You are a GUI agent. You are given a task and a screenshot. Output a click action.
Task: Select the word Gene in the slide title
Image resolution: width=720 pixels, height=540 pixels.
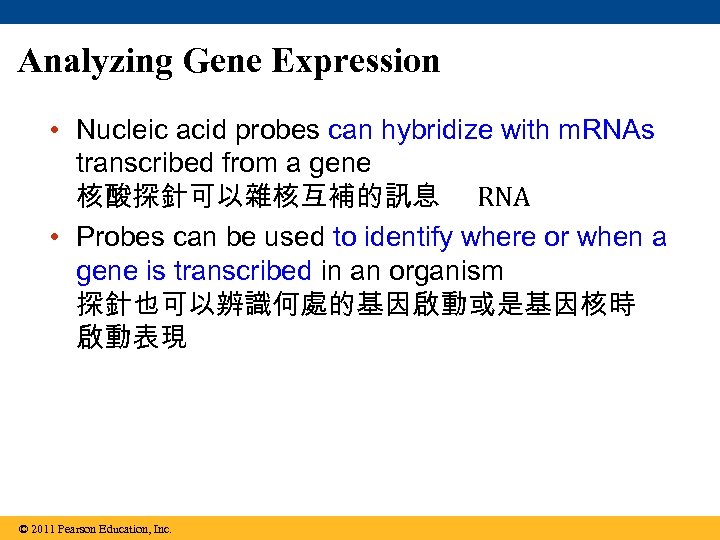click(223, 62)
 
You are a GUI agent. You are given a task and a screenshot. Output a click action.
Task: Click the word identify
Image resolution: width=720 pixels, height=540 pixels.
click(407, 238)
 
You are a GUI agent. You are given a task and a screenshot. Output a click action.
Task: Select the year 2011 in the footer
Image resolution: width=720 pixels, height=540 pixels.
click(42, 529)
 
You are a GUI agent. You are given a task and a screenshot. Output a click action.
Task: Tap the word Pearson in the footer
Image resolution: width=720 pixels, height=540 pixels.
click(77, 529)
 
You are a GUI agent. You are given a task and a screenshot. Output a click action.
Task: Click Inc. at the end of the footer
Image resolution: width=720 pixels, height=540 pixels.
click(161, 529)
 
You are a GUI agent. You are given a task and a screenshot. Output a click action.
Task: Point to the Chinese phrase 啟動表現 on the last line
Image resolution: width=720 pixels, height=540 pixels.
click(131, 338)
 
